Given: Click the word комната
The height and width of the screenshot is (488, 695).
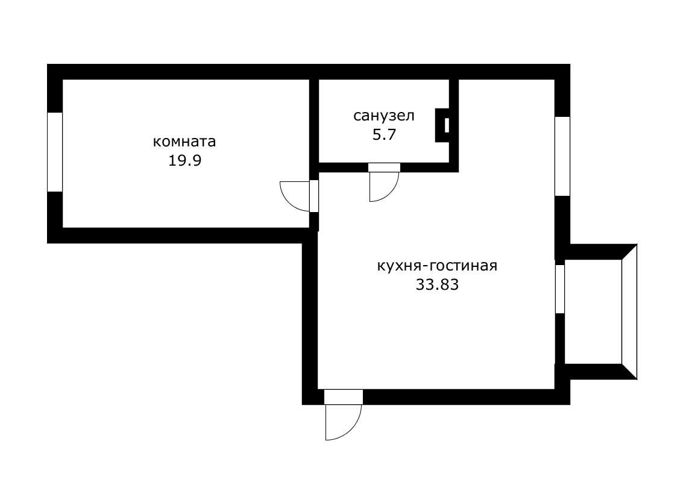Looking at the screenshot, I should coord(184,142).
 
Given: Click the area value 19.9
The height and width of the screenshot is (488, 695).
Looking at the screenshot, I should coord(184,161).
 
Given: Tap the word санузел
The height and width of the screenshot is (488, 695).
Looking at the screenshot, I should coord(384,115).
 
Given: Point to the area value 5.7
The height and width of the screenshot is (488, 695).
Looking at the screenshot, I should coord(384,134).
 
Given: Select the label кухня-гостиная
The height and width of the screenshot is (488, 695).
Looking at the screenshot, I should coord(437,266).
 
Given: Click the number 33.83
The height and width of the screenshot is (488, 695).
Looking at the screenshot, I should coord(437,285).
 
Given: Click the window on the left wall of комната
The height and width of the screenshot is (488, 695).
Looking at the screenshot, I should coord(55,152).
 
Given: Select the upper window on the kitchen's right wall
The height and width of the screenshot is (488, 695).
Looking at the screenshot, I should coord(562,156).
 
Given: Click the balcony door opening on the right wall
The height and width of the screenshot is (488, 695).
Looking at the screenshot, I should coord(560,289).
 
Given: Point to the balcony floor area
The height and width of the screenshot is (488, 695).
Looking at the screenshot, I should coord(593,311).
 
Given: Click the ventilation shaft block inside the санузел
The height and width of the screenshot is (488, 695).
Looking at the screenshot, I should coord(443,125).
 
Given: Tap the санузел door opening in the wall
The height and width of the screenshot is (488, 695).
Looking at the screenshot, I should coord(384,167).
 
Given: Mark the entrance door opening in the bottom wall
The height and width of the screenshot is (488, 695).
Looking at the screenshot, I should coord(343,397).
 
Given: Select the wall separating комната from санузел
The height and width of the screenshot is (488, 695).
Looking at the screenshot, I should coord(314,120).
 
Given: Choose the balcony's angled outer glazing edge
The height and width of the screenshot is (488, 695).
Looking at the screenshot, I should coord(629,311).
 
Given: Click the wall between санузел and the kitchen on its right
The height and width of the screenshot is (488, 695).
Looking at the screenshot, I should coord(454,120).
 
